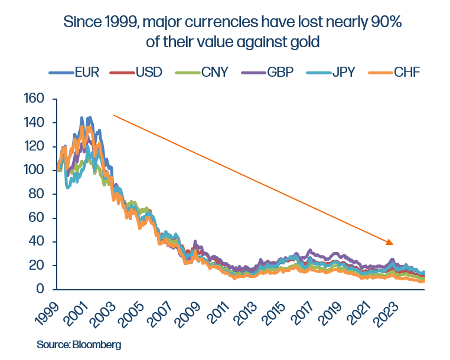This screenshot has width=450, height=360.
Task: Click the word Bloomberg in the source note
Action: click(x=96, y=344)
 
